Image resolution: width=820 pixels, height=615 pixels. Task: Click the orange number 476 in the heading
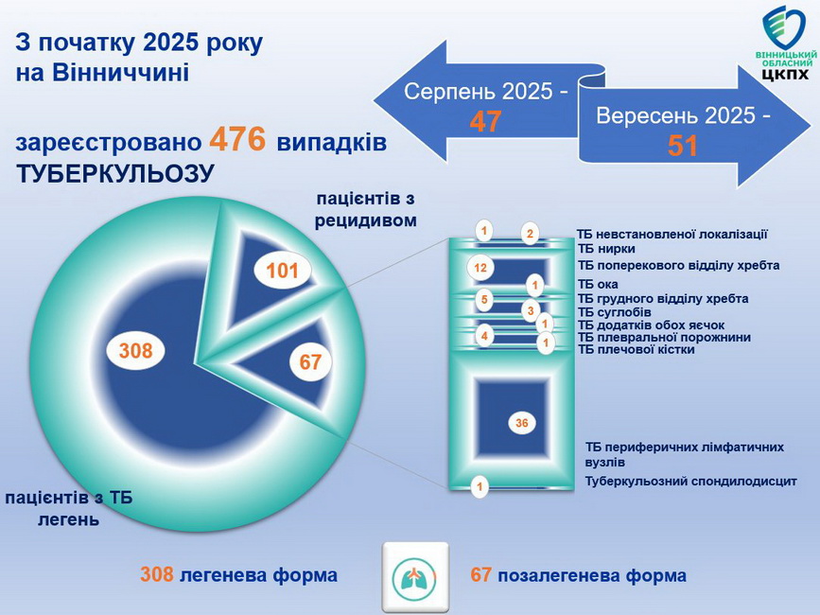tap(237, 140)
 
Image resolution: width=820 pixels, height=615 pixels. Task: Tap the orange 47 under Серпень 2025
tap(485, 121)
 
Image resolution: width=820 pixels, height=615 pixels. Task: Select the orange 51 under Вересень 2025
tap(683, 146)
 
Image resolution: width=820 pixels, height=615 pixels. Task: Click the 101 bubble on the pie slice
tap(282, 272)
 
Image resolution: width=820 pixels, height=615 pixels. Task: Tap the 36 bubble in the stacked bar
tap(521, 423)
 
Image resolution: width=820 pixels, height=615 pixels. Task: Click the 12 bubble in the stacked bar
tap(480, 268)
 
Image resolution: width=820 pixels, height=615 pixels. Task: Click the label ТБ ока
tap(598, 284)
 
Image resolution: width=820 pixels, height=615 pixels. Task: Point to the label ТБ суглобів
tap(614, 311)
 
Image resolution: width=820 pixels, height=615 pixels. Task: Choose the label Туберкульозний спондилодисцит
tap(690, 482)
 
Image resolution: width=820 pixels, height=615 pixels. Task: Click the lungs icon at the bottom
tap(415, 575)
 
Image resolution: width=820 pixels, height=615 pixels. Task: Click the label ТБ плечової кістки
tap(636, 349)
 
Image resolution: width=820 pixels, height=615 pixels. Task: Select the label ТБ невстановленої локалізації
tap(672, 234)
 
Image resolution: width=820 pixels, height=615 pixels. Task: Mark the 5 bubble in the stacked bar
tap(483, 301)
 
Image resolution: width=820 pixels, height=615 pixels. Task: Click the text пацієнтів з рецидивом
tap(365, 209)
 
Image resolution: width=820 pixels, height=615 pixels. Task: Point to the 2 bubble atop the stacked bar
tap(531, 234)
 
